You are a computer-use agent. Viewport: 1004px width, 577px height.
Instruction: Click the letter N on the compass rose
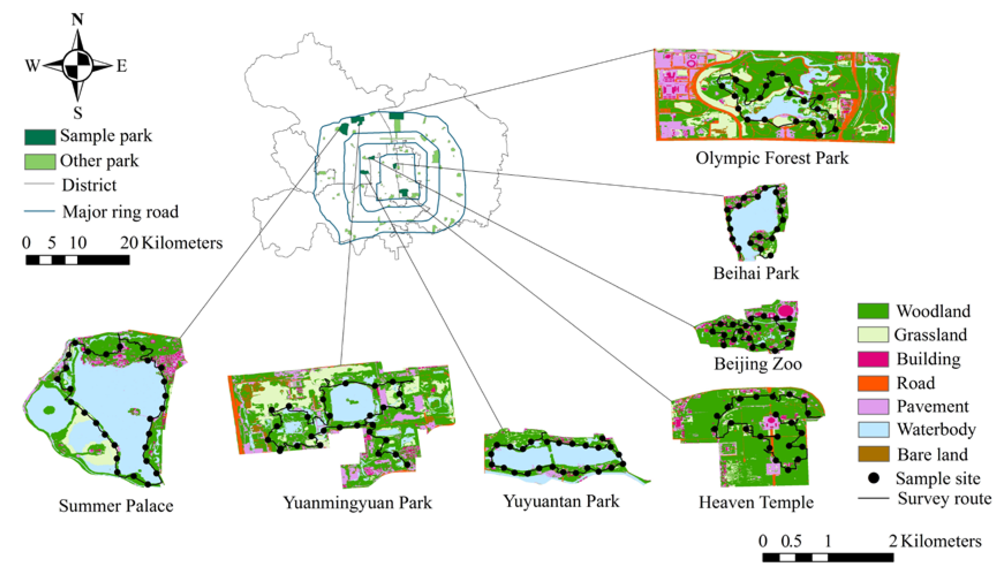click(x=77, y=19)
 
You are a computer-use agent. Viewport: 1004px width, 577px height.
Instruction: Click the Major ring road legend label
click(x=121, y=212)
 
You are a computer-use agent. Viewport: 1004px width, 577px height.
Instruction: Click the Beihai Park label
click(x=756, y=273)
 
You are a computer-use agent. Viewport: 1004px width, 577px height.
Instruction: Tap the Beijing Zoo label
click(x=757, y=364)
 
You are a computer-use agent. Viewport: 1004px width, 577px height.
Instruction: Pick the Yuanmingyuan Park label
click(x=358, y=503)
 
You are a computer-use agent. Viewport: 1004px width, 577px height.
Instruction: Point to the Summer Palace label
click(x=116, y=506)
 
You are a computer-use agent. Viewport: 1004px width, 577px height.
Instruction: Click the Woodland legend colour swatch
click(x=873, y=311)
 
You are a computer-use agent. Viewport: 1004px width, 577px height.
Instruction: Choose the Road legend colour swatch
click(x=873, y=383)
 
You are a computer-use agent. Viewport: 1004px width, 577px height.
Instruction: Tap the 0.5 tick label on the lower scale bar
click(x=791, y=541)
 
